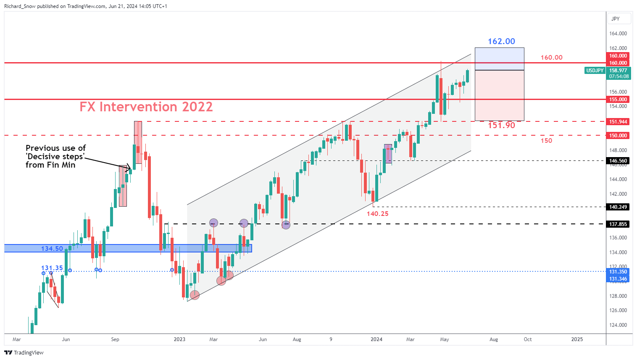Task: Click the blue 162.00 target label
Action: click(x=501, y=41)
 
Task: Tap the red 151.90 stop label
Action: click(x=501, y=125)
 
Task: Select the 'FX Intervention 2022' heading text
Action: click(x=146, y=107)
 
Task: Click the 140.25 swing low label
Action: click(x=377, y=213)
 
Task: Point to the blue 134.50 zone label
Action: click(x=52, y=249)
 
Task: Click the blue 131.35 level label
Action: click(x=52, y=268)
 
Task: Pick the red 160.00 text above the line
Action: click(x=551, y=58)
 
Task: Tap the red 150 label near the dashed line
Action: click(x=546, y=141)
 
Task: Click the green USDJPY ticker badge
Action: click(x=595, y=71)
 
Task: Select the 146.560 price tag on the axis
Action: click(x=618, y=160)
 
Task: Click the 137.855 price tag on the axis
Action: click(x=618, y=224)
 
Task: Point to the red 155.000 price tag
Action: click(x=618, y=100)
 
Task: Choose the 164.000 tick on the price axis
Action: click(x=618, y=34)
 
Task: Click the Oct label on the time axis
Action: click(x=528, y=339)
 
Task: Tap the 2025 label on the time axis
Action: click(x=577, y=339)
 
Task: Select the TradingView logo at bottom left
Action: click(x=24, y=352)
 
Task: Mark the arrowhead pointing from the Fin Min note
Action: click(x=130, y=169)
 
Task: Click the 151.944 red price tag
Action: click(x=618, y=122)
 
